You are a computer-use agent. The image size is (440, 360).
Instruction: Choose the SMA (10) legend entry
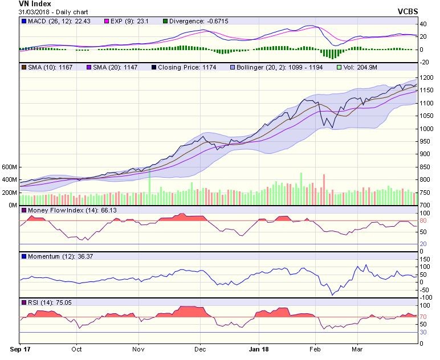click(46, 67)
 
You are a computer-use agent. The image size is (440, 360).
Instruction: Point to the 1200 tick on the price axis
click(426, 77)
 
